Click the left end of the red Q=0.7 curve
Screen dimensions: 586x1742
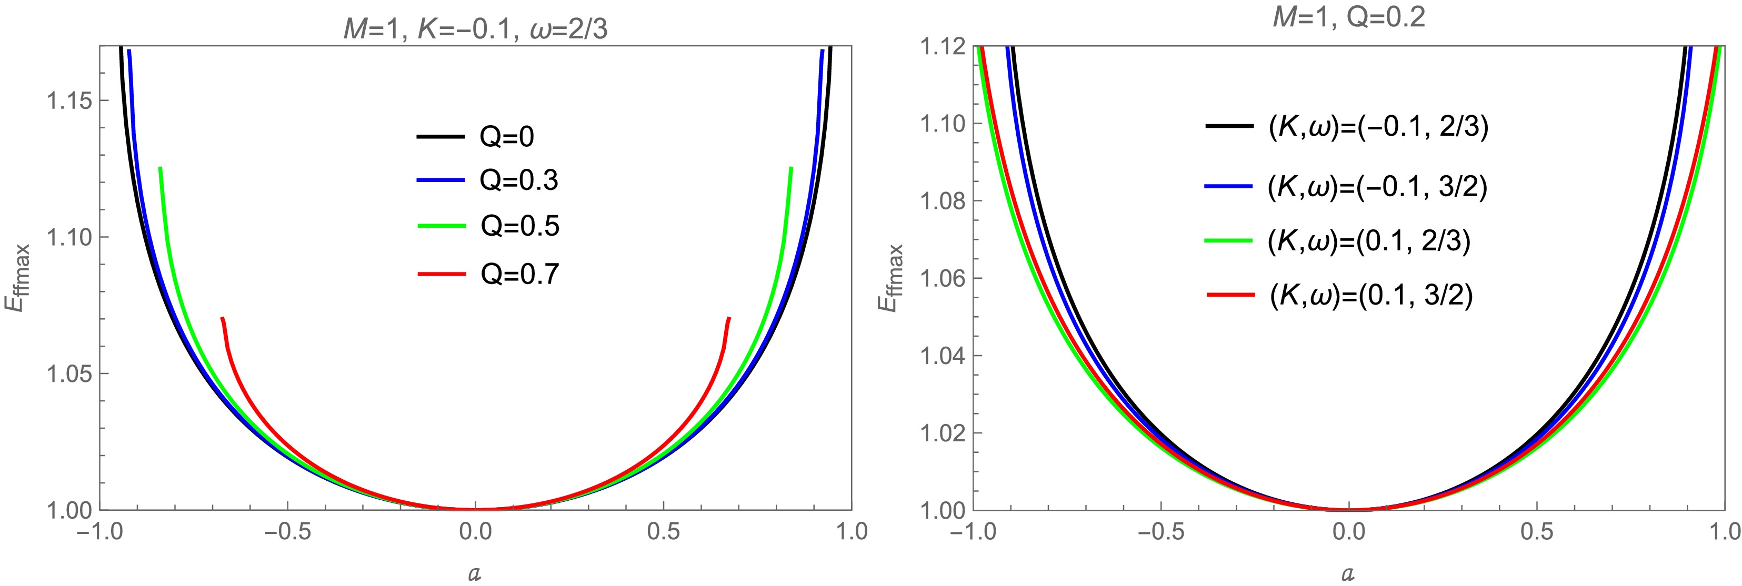click(x=223, y=318)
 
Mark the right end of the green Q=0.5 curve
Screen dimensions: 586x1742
click(x=790, y=168)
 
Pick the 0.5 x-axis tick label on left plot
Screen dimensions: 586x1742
click(x=664, y=531)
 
